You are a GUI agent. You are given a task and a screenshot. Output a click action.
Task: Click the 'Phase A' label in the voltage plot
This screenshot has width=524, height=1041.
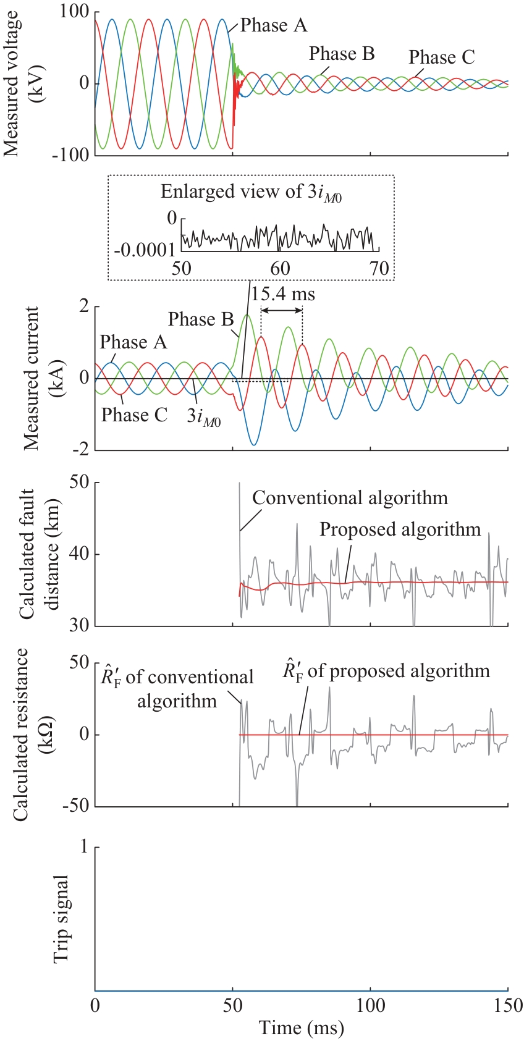pyautogui.click(x=273, y=25)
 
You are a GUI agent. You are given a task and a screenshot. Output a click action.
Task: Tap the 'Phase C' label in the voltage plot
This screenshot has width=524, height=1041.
pyautogui.click(x=441, y=57)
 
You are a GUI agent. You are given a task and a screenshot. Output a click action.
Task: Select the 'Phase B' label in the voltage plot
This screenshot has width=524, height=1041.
pyautogui.click(x=342, y=54)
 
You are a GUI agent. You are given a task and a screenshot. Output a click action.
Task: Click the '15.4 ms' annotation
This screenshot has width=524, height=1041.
pyautogui.click(x=283, y=294)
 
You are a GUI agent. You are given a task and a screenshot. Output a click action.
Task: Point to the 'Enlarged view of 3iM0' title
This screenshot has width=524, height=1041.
pyautogui.click(x=251, y=192)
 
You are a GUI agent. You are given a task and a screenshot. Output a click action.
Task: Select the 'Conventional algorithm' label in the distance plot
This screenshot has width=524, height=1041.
pyautogui.click(x=350, y=498)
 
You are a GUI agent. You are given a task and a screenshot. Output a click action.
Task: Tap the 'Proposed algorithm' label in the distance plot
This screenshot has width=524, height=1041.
pyautogui.click(x=400, y=529)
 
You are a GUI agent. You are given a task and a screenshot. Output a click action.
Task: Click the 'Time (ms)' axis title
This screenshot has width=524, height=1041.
pyautogui.click(x=301, y=1028)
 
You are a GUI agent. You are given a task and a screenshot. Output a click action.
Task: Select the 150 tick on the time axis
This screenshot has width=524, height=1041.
pyautogui.click(x=507, y=1005)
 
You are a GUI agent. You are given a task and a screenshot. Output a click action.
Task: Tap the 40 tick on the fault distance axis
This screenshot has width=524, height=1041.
pyautogui.click(x=78, y=555)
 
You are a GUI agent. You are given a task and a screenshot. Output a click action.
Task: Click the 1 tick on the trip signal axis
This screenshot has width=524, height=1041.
pyautogui.click(x=84, y=847)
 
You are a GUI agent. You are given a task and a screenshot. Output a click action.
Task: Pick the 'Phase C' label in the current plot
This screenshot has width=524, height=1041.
pyautogui.click(x=134, y=415)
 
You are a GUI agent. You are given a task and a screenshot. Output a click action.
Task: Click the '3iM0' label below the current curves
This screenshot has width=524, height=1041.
pyautogui.click(x=204, y=417)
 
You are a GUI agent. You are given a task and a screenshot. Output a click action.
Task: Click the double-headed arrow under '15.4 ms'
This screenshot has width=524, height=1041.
pyautogui.click(x=282, y=310)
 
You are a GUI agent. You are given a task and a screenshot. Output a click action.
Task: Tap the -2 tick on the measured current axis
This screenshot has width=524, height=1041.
pyautogui.click(x=80, y=450)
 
